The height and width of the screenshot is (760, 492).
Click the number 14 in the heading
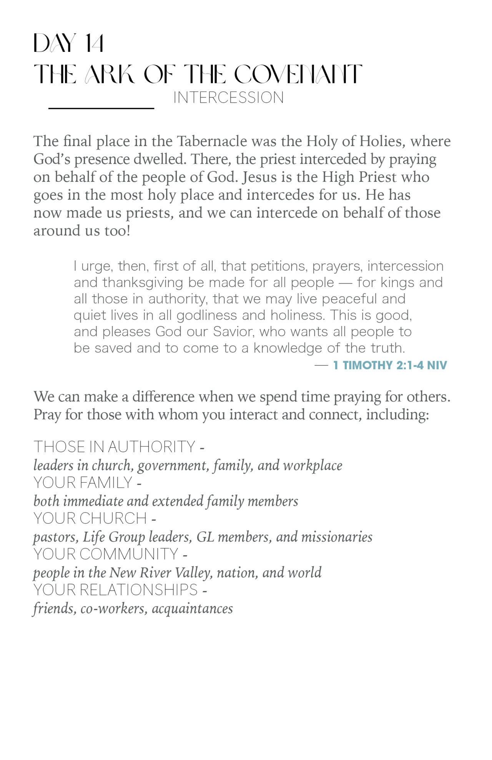click(94, 43)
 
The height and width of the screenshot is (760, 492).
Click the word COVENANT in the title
click(298, 74)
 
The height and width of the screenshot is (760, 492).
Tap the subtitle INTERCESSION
click(228, 98)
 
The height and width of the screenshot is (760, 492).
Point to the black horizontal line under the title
click(101, 108)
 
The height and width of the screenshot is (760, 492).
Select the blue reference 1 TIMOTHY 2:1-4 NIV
click(390, 365)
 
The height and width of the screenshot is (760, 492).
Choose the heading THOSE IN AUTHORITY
click(115, 447)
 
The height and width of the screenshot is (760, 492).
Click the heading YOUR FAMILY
click(83, 483)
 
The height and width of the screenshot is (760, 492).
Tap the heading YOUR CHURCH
click(90, 518)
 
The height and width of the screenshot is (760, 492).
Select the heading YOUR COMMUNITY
click(106, 554)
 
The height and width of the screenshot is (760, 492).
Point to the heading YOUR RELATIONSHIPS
click(115, 590)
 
